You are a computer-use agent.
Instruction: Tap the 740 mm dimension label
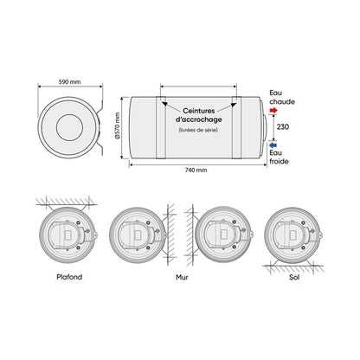(x=196, y=170)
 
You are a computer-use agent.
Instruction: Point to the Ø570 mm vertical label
(x=119, y=128)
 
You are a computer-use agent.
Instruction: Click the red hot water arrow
(x=273, y=112)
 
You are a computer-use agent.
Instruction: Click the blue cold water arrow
(x=273, y=145)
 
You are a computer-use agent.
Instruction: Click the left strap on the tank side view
(x=162, y=128)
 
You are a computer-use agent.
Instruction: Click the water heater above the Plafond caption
(x=66, y=235)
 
